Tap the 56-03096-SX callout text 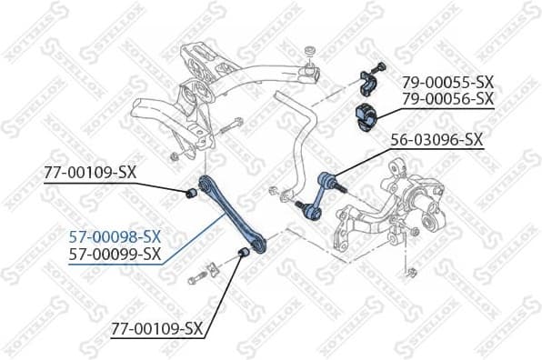click(x=437, y=141)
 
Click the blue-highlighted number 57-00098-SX click(x=115, y=237)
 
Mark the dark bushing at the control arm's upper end click(x=191, y=193)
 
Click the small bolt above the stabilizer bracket click(x=381, y=65)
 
